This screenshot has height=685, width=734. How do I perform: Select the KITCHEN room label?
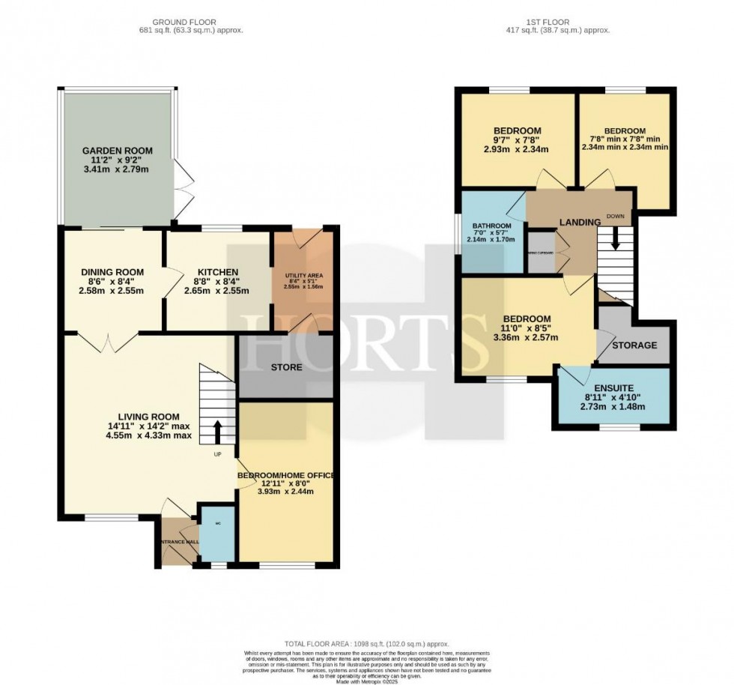tap(217, 272)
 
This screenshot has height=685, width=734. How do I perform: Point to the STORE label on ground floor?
tap(285, 367)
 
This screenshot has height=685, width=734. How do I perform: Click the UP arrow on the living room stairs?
tap(218, 432)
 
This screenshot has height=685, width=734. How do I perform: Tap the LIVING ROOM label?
tap(148, 417)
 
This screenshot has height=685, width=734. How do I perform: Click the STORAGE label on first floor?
tap(634, 345)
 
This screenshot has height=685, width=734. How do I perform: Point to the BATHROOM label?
tap(491, 226)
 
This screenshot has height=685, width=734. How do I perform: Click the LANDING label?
tap(580, 222)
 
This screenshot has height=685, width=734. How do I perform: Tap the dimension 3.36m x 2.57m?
tap(527, 337)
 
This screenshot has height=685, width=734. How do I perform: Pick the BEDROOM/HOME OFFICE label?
tap(285, 475)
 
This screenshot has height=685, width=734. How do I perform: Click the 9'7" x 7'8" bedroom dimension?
tap(517, 140)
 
